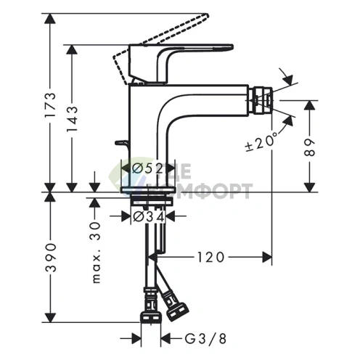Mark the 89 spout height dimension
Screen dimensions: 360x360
pos(310,150)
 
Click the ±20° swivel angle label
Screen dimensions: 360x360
pos(262,142)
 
